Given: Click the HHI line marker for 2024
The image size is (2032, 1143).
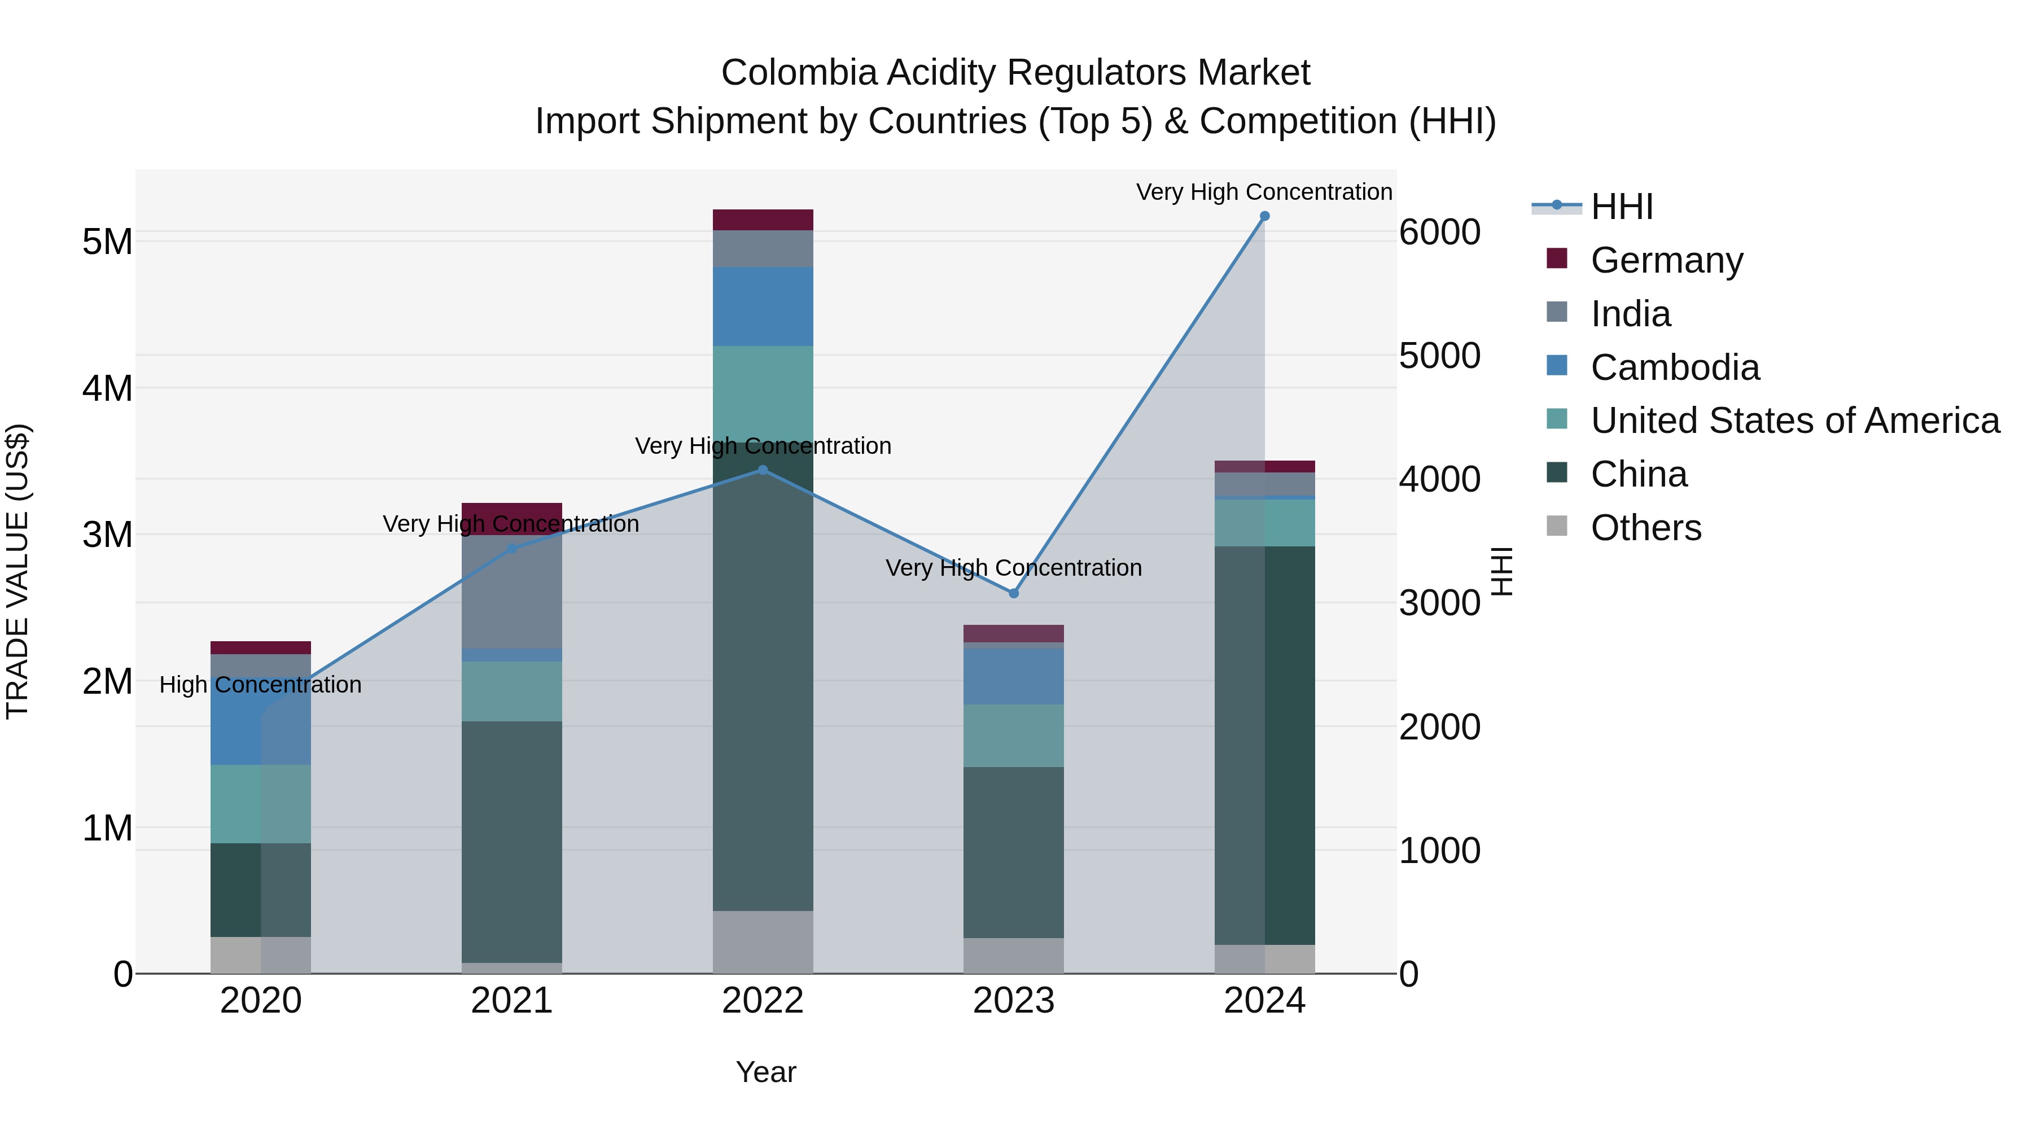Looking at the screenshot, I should point(1264,216).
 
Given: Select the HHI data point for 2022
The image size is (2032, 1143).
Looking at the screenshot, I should point(763,470).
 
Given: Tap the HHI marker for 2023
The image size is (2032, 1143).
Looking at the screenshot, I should point(1014,593).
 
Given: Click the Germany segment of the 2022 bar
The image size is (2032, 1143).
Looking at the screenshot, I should point(763,220).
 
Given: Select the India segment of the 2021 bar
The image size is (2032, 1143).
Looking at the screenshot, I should point(512,592).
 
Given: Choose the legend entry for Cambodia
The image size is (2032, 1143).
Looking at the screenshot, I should point(1675,367).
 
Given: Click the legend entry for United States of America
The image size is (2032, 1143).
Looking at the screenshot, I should point(1794,421).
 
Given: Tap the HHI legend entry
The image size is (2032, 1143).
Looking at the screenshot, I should point(1621,207).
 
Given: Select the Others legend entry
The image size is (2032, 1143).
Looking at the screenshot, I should point(1645,528).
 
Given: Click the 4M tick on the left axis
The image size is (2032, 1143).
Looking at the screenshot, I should point(107,388).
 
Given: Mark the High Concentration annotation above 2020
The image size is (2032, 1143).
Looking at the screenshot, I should point(260,685).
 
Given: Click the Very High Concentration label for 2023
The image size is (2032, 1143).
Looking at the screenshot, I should point(1014,568).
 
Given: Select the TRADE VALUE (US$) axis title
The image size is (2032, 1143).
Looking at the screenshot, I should point(17,571).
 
